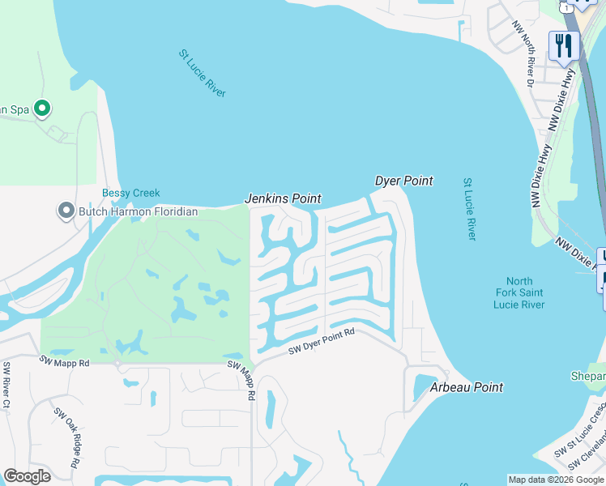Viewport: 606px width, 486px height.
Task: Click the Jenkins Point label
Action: (283, 198)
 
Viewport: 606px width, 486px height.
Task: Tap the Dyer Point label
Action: (403, 181)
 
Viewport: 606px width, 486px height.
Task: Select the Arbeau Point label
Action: (466, 387)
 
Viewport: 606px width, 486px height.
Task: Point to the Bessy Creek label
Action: (130, 193)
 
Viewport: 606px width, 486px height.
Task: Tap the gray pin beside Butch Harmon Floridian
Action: (66, 211)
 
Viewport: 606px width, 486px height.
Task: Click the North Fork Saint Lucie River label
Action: (519, 292)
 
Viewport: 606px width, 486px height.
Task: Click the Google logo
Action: (27, 476)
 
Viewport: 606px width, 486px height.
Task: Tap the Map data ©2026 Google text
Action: (556, 480)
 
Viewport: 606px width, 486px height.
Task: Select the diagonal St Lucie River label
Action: (202, 74)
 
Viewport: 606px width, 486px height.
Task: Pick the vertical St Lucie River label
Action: (469, 209)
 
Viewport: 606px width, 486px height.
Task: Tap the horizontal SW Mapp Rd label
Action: (64, 361)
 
